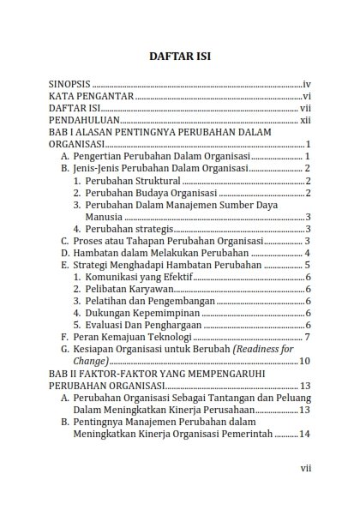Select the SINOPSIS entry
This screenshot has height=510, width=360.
point(69,85)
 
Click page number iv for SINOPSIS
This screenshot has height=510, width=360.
point(306,85)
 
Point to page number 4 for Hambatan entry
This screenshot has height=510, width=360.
point(306,253)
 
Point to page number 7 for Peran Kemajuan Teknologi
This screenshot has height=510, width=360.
point(306,338)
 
